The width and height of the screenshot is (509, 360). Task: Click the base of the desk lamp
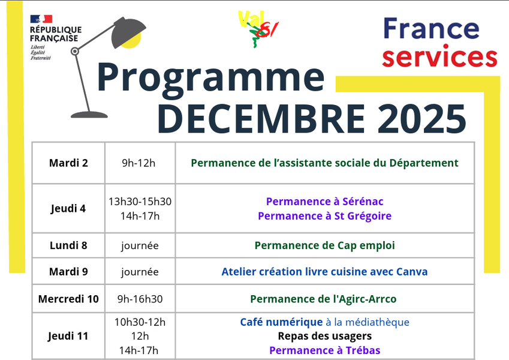click(89, 114)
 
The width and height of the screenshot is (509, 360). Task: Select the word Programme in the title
click(210, 77)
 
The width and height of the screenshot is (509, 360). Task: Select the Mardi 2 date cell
click(68, 163)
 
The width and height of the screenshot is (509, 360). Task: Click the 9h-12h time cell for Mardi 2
click(138, 163)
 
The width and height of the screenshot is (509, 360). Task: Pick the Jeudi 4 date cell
click(68, 208)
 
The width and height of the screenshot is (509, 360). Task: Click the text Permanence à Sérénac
click(324, 202)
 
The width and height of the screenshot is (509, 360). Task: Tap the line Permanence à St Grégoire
click(324, 216)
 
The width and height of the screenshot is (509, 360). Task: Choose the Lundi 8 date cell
click(68, 245)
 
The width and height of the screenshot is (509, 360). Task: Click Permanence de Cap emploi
click(324, 245)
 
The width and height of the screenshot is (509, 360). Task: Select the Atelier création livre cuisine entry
click(324, 272)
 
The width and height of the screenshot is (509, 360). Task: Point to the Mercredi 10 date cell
click(68, 299)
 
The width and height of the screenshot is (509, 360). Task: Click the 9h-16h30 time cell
click(140, 299)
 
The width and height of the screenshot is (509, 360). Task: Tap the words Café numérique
click(281, 322)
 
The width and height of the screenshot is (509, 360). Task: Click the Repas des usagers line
click(324, 336)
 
